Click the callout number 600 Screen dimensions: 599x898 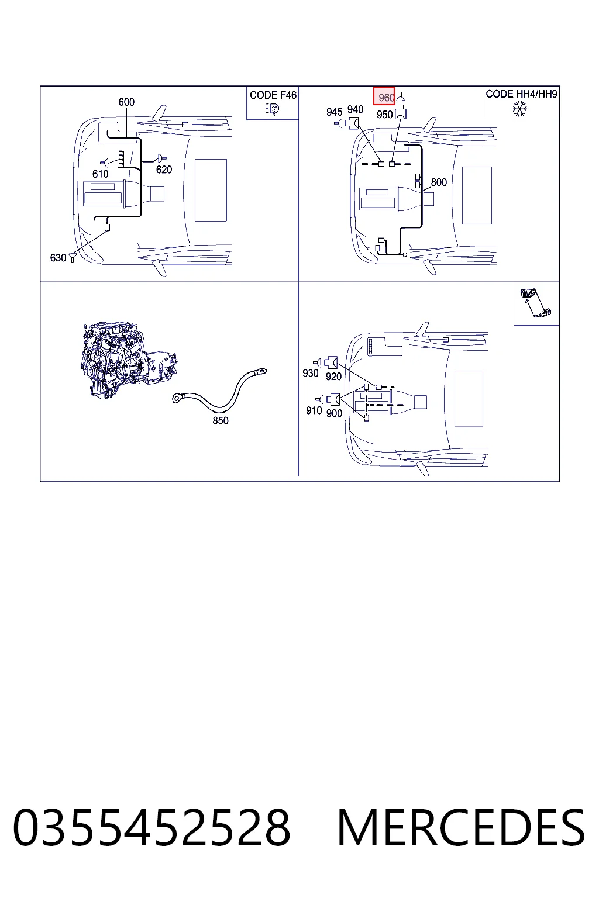click(x=126, y=102)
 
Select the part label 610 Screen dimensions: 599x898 click(x=100, y=174)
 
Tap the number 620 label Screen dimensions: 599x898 click(x=164, y=170)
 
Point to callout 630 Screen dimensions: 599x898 click(x=58, y=258)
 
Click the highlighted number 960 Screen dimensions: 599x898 click(x=386, y=98)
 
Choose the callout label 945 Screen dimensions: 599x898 click(x=334, y=112)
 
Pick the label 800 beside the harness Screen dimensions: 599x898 click(x=439, y=182)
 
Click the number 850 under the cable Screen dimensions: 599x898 click(x=221, y=420)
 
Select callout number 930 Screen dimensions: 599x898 click(x=311, y=373)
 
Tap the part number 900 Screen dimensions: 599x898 click(x=334, y=413)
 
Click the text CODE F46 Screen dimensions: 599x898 click(x=273, y=95)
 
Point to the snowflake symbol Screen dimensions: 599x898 click(x=520, y=109)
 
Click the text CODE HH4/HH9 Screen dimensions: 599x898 click(x=521, y=94)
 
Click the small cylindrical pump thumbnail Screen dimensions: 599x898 click(x=536, y=303)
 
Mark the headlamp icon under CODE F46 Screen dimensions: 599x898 click(x=273, y=109)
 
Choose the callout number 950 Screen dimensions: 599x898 click(x=384, y=115)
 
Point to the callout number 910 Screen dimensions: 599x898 click(x=314, y=410)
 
